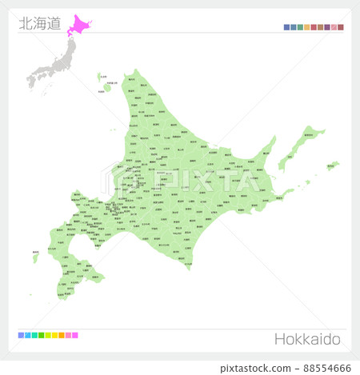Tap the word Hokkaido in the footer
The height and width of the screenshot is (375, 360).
(x=307, y=339)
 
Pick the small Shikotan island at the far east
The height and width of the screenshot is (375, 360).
(x=331, y=166)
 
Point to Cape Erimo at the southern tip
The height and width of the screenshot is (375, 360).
(x=189, y=268)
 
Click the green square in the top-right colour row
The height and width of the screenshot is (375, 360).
(x=300, y=27)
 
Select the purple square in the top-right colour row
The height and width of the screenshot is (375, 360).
(x=326, y=27)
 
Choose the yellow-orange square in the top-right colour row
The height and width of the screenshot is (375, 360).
(x=306, y=27)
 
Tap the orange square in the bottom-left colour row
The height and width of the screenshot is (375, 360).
(x=62, y=335)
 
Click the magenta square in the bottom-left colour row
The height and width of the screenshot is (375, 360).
(x=75, y=335)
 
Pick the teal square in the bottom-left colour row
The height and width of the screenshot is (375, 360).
(x=34, y=335)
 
